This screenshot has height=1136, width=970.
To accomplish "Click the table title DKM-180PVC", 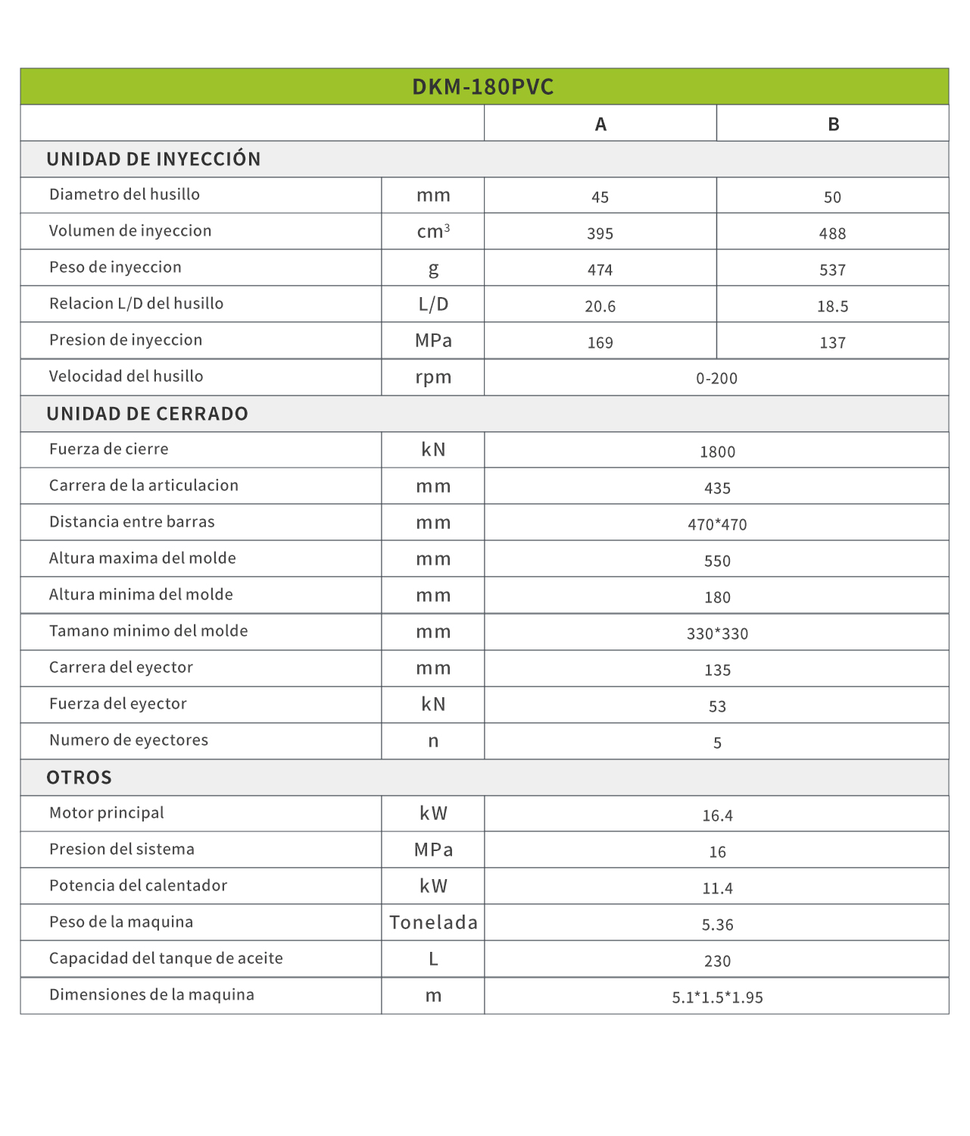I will coord(483,87).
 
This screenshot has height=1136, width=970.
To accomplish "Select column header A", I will coord(600,124).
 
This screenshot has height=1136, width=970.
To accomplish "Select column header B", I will coord(833,124).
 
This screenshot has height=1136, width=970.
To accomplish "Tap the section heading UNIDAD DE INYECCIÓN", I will coord(154,159).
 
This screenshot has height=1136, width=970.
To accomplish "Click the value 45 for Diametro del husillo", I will coord(600,197).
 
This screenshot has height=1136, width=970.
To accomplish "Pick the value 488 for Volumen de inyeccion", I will coord(832,233).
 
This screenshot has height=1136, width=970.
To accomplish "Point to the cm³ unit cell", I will coord(433,231).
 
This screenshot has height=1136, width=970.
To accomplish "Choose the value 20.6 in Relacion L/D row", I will coord(600,306).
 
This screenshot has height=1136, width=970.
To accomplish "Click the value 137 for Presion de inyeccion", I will coord(832,343).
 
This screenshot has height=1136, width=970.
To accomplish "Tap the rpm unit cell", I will coord(433,377).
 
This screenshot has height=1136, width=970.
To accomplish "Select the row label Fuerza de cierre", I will coord(109,449).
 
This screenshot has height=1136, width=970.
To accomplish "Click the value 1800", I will coord(717,452).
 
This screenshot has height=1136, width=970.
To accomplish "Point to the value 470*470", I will coord(717,524).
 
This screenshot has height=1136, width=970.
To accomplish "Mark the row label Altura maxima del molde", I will coord(142,559).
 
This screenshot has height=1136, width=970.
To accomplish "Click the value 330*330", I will coord(717,634).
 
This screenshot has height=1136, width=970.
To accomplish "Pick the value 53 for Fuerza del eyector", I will coord(717,706).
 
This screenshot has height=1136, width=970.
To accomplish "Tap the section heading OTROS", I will coord(80,778).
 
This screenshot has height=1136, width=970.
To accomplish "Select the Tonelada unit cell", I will coord(433,922).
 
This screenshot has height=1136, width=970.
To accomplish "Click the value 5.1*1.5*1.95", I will coord(717,997).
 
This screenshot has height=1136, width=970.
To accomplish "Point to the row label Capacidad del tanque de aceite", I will coord(166,959).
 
